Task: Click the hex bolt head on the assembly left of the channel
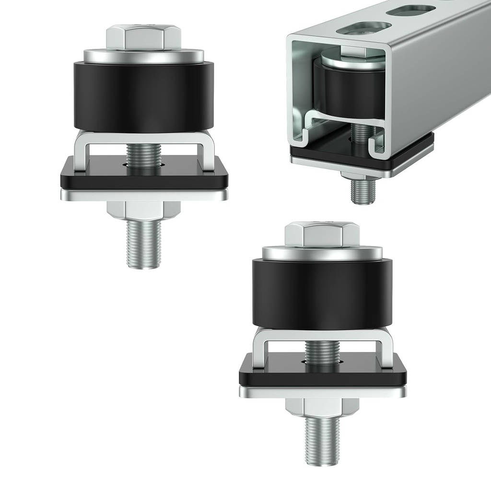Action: tap(143, 37)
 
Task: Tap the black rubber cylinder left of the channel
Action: tap(143, 96)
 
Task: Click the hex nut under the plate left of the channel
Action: tap(143, 210)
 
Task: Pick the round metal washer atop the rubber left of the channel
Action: tap(143, 57)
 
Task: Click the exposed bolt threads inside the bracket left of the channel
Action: tap(143, 154)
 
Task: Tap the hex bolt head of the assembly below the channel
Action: tap(322, 234)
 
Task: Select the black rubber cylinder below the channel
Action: tap(322, 293)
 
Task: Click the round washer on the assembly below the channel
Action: tap(322, 253)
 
